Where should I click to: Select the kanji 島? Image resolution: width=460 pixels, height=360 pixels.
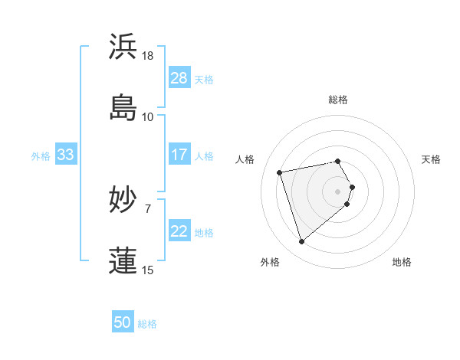(x=123, y=107)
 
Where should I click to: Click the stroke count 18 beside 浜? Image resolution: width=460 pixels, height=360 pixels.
(x=148, y=56)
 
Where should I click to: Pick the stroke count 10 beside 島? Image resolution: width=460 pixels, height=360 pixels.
(x=148, y=117)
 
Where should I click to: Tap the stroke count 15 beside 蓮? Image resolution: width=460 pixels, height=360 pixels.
(x=148, y=270)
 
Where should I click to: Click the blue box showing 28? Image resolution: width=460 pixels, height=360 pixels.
(x=179, y=78)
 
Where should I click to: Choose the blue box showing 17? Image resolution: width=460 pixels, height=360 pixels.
(x=179, y=155)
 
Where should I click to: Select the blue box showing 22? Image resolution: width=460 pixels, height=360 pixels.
(x=179, y=231)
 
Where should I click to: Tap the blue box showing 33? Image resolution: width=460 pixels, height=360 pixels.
(x=65, y=155)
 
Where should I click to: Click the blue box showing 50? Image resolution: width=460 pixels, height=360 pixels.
(x=123, y=322)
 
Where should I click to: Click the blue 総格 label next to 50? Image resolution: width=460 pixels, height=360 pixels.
(x=148, y=324)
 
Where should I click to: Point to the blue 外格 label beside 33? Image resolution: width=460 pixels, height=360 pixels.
(x=41, y=156)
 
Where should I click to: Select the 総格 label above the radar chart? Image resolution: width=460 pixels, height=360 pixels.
(x=338, y=100)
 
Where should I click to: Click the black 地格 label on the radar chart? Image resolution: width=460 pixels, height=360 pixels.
(x=402, y=262)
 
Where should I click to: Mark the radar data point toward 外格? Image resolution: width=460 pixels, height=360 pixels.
(x=301, y=242)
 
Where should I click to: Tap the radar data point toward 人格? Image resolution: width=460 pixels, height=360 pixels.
(x=280, y=172)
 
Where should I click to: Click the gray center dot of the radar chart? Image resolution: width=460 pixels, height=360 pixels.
(x=338, y=191)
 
